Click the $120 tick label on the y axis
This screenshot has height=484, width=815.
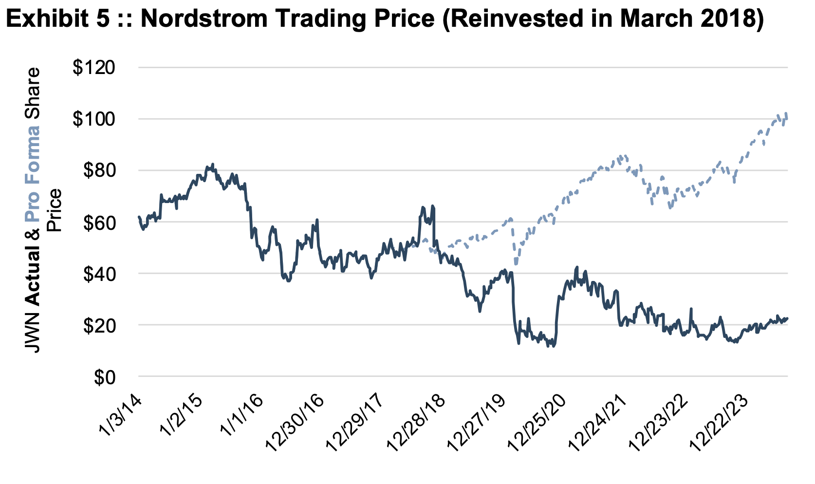tap(93, 67)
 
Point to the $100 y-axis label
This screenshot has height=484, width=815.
tap(93, 119)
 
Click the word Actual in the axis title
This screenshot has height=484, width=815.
tap(32, 275)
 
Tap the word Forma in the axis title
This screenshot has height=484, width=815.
tap(32, 155)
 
